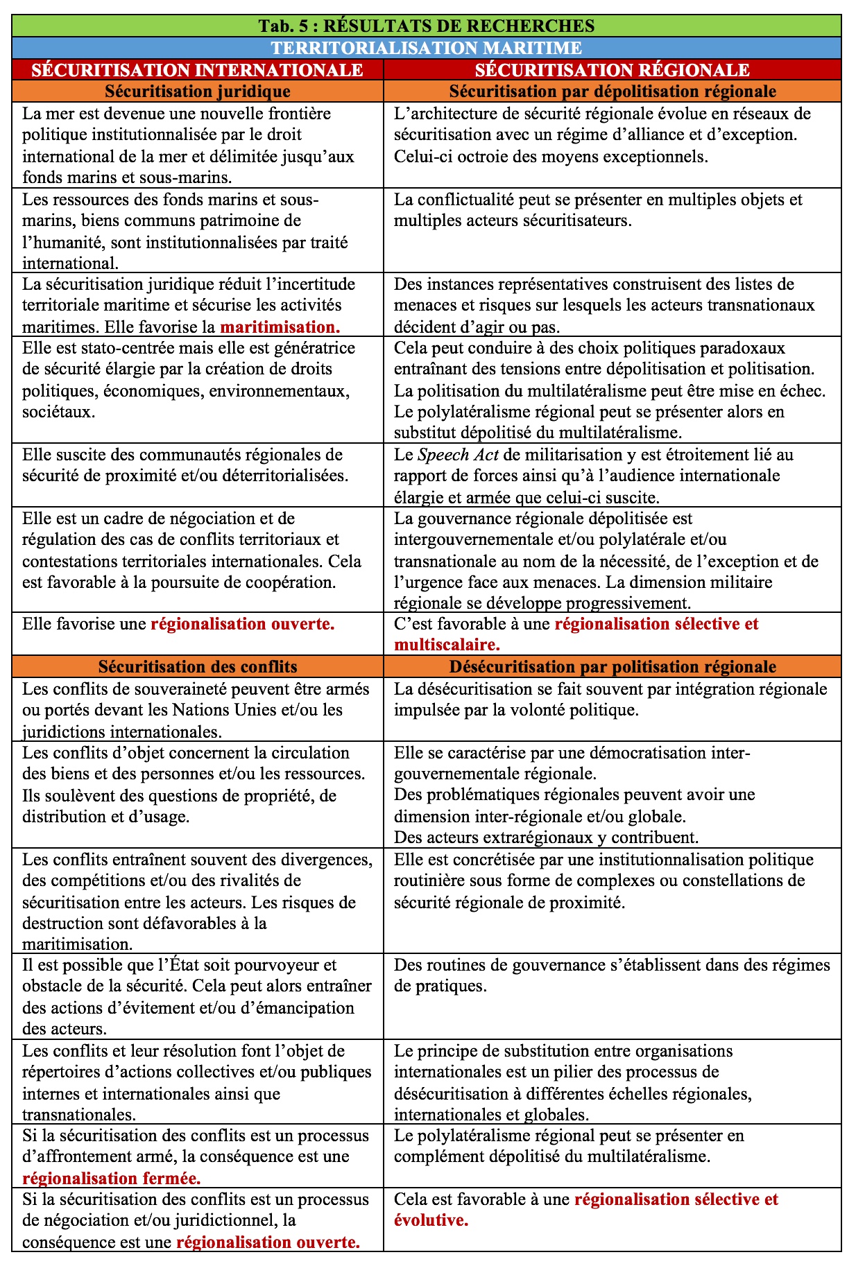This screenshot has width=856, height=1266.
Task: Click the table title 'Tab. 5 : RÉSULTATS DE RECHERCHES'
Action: [426, 26]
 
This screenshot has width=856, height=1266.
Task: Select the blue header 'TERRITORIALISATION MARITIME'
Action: [426, 48]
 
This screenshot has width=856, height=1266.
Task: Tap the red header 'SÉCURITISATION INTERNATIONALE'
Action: [198, 70]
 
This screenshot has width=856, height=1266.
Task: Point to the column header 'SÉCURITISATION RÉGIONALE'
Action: [612, 70]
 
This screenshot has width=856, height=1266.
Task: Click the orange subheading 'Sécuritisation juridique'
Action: [198, 92]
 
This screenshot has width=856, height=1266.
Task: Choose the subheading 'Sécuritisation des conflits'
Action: [198, 667]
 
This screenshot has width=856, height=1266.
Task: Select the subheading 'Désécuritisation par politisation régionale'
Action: [612, 667]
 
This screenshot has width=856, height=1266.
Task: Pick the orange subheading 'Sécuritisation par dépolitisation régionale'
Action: [612, 92]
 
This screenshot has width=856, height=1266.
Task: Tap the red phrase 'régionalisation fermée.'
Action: [112, 1178]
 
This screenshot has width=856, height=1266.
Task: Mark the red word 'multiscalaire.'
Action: [447, 645]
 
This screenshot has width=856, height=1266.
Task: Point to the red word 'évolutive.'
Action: [431, 1220]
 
